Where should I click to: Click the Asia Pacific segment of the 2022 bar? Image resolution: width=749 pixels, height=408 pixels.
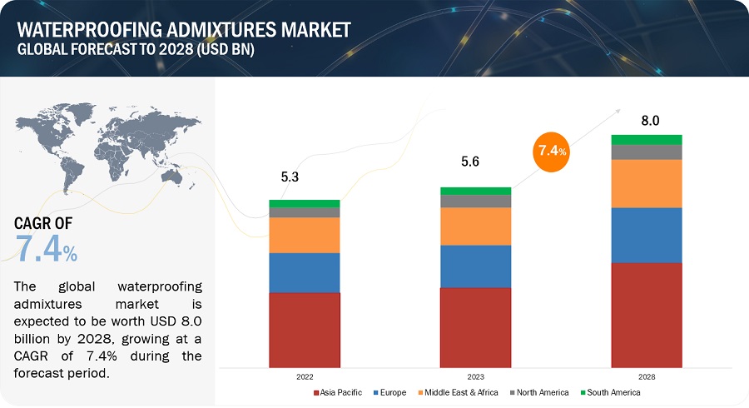tap(304, 330)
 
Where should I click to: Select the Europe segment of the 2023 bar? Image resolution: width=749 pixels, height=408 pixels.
tap(475, 266)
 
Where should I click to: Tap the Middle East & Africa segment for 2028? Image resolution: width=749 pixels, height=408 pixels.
tap(647, 183)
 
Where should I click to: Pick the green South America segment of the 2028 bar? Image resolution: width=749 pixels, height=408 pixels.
tap(647, 139)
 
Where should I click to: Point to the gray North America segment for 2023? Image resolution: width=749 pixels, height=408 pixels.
tap(475, 201)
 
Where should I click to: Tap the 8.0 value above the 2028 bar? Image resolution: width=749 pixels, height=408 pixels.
tap(649, 121)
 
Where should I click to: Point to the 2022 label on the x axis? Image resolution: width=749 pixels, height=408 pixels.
tap(304, 375)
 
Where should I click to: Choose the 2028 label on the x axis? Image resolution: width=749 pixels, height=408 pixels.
tap(647, 375)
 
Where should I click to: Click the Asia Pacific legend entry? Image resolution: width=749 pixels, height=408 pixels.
tap(338, 392)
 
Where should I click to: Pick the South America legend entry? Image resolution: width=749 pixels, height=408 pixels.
tap(613, 392)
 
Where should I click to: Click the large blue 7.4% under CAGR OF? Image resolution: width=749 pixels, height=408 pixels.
tap(47, 249)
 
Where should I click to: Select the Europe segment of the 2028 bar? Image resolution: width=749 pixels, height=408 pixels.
tap(647, 235)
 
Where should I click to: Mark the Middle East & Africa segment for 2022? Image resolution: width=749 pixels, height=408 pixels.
tap(304, 235)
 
